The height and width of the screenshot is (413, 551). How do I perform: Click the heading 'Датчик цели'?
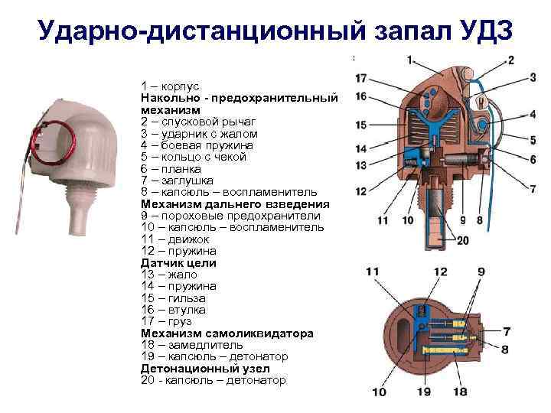[178, 262]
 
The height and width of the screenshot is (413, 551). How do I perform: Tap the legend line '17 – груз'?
[167, 321]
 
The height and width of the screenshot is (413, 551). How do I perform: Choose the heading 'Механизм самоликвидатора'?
[227, 333]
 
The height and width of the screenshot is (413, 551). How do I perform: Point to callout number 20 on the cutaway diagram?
[462, 239]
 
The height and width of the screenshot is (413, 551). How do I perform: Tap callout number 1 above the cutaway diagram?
[411, 60]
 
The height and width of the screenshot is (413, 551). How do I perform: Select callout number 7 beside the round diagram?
[507, 332]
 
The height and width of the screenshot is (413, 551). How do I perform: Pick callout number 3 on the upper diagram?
[531, 77]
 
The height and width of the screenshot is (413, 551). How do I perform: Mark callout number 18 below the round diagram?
[460, 392]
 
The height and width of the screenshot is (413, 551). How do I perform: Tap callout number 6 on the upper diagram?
[531, 159]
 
